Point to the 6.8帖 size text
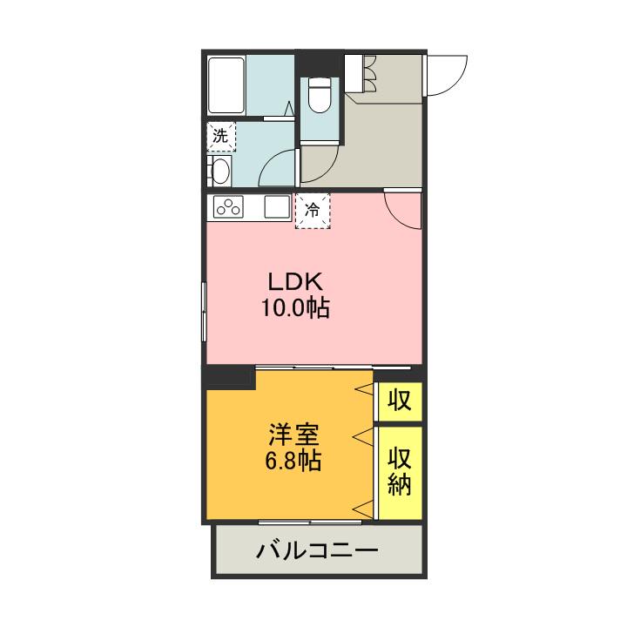293,461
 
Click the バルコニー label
317,551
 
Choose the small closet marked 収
400,401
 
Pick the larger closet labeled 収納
400,472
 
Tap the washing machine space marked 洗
220,137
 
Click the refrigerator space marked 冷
313,209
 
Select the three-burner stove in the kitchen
230,208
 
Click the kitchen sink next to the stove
277,209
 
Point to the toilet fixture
319,95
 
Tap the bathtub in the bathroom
226,84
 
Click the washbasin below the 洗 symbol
219,172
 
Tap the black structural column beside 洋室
229,377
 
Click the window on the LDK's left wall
204,313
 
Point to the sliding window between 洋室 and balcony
311,522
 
